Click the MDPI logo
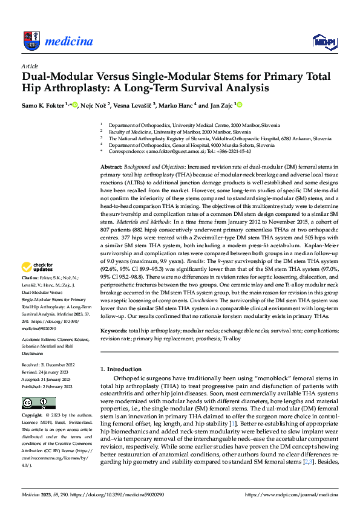point(322,41)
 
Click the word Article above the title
point(30,66)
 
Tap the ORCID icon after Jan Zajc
point(240,105)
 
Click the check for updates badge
point(38,266)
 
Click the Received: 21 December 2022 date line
point(48,365)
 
